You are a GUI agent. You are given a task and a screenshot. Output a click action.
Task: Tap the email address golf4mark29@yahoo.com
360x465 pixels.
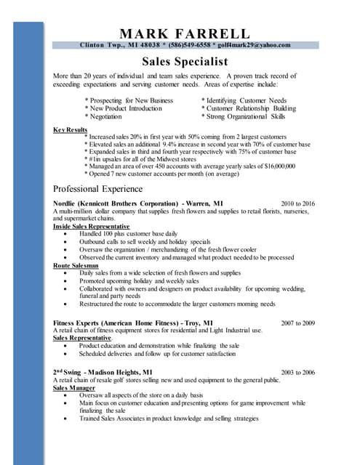click(x=253, y=45)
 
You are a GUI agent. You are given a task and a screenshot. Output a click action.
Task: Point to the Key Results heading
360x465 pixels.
click(x=71, y=129)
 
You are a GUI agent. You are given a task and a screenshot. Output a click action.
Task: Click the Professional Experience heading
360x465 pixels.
click(x=98, y=188)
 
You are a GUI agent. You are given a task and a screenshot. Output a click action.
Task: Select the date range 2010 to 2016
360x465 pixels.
click(x=298, y=203)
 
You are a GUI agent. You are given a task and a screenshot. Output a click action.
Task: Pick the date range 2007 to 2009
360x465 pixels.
click(x=298, y=323)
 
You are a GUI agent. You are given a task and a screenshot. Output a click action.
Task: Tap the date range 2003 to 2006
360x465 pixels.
click(x=298, y=372)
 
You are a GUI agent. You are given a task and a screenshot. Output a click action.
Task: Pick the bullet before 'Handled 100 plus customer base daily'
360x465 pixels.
click(x=68, y=234)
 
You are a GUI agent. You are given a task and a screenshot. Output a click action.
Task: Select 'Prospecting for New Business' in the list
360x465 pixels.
click(x=129, y=100)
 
